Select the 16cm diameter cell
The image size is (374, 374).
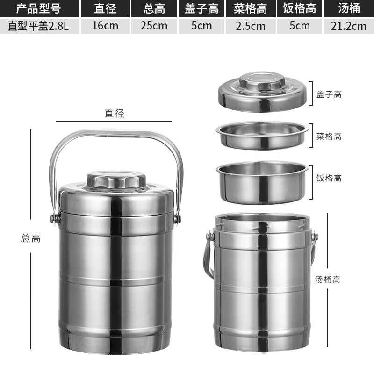(105, 25)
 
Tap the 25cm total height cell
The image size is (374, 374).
(154, 25)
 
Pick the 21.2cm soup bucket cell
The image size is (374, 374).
(348, 26)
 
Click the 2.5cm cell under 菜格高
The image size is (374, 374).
(251, 26)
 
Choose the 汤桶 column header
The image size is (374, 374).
(348, 8)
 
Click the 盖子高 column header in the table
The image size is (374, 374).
(202, 8)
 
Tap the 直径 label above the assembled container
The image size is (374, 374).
(114, 113)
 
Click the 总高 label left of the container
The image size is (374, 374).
(31, 238)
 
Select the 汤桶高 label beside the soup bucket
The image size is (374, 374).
(327, 280)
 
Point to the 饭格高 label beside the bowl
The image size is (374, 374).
(329, 178)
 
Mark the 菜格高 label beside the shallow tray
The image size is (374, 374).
(329, 137)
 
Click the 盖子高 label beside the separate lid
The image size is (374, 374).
(329, 94)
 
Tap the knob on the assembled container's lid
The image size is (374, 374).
(116, 180)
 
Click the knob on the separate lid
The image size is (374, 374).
(263, 82)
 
